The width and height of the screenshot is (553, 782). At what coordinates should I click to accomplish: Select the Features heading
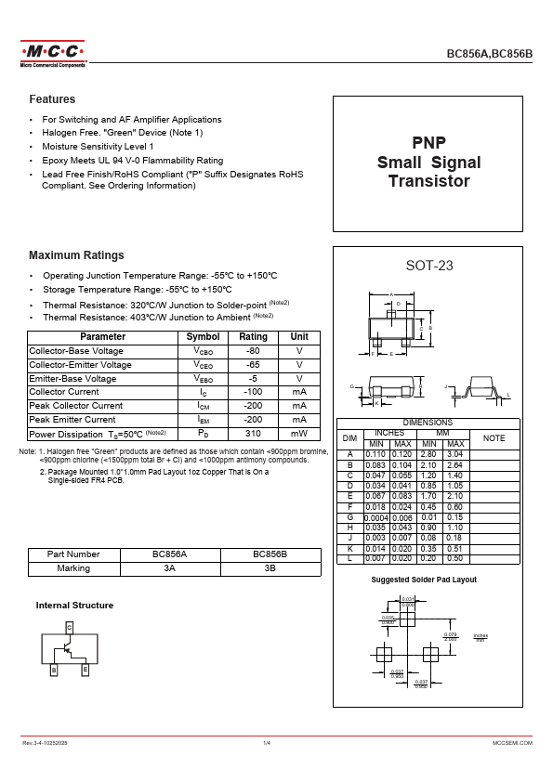(x=52, y=99)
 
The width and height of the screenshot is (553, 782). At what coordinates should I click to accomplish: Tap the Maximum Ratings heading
(x=76, y=255)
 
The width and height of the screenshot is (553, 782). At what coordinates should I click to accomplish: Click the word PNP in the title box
(x=428, y=143)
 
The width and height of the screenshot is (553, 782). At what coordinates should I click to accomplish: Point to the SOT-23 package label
(x=429, y=266)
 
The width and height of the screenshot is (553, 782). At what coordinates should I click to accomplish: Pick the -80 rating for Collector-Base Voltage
(x=253, y=351)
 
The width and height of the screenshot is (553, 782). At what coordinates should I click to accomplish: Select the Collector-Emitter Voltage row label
(x=80, y=365)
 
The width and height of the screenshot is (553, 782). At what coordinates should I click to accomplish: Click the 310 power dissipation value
(x=253, y=434)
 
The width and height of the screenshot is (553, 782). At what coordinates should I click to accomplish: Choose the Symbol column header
(x=204, y=337)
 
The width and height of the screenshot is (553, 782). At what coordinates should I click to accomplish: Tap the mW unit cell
(x=299, y=434)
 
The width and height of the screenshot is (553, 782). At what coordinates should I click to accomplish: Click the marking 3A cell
(x=170, y=567)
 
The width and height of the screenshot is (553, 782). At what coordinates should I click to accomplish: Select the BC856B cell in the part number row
(x=270, y=554)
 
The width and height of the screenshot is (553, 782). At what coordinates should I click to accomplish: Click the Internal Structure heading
(x=74, y=606)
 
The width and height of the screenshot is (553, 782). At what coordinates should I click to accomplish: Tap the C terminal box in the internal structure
(x=69, y=629)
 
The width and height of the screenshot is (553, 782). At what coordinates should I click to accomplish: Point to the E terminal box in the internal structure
(x=85, y=669)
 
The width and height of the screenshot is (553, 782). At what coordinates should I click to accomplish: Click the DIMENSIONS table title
(x=428, y=423)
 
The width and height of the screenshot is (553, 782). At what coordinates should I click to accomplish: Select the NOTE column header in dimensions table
(x=494, y=437)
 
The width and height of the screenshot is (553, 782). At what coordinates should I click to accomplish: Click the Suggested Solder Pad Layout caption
(x=424, y=580)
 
